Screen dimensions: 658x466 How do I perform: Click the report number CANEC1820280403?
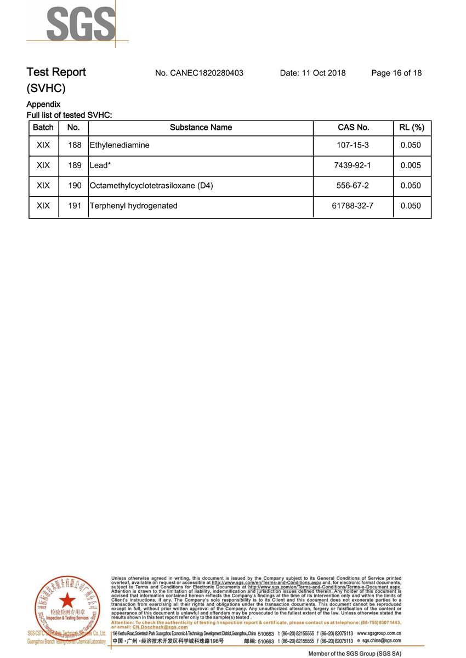(199, 73)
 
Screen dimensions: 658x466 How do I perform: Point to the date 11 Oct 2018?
(312, 73)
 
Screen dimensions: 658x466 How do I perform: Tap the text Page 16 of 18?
(396, 73)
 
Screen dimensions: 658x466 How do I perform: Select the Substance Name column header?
(201, 128)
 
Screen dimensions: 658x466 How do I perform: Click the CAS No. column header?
(353, 128)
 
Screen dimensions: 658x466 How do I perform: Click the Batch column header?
(43, 128)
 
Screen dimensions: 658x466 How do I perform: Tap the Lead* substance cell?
(100, 165)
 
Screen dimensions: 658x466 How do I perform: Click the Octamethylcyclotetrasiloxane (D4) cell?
(151, 186)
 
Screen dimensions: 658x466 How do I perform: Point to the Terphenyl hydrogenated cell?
(134, 206)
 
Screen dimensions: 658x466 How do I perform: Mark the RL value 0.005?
(411, 165)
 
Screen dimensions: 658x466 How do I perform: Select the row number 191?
(74, 206)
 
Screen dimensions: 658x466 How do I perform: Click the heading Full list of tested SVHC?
(69, 115)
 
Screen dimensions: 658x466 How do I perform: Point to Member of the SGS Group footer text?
(355, 654)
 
